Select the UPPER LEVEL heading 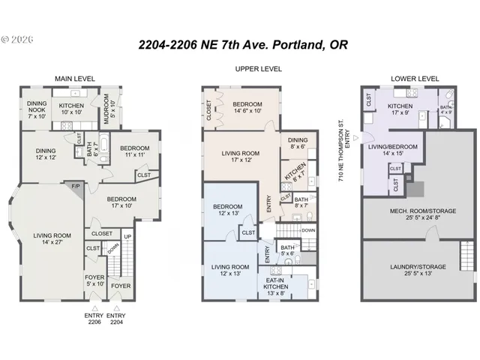[x=258, y=69]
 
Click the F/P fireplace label [x=75, y=184]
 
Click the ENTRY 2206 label [x=94, y=319]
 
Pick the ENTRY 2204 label [x=118, y=319]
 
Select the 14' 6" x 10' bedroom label [x=247, y=107]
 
